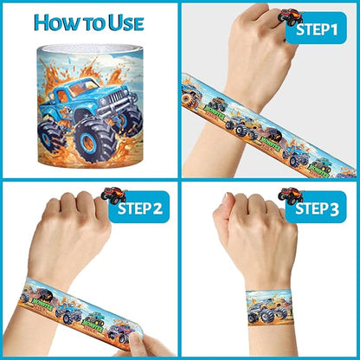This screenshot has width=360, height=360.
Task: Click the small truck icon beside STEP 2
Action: coord(112,194)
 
